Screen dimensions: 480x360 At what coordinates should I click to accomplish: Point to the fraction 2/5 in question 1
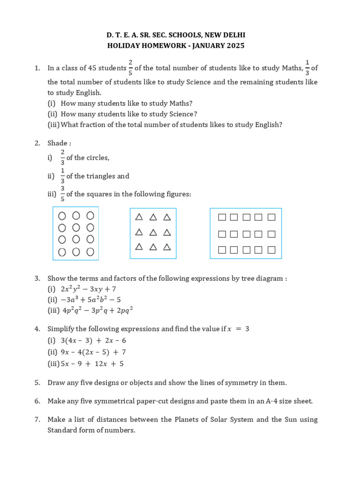coord(130,67)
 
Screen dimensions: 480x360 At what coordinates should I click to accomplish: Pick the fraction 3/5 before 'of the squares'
coord(62,194)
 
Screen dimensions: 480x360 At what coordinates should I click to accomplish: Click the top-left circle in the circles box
coord(62,216)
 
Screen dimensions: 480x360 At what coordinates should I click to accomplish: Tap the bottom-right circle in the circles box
coord(90,252)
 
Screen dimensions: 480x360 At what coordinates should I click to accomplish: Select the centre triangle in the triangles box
coord(153,232)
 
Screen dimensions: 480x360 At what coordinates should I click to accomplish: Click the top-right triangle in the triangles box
coord(167,217)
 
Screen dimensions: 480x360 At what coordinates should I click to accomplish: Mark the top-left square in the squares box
coord(222,217)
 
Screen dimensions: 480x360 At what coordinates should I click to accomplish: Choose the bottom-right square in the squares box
coord(271,250)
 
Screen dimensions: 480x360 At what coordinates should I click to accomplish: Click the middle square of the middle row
coord(246,234)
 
